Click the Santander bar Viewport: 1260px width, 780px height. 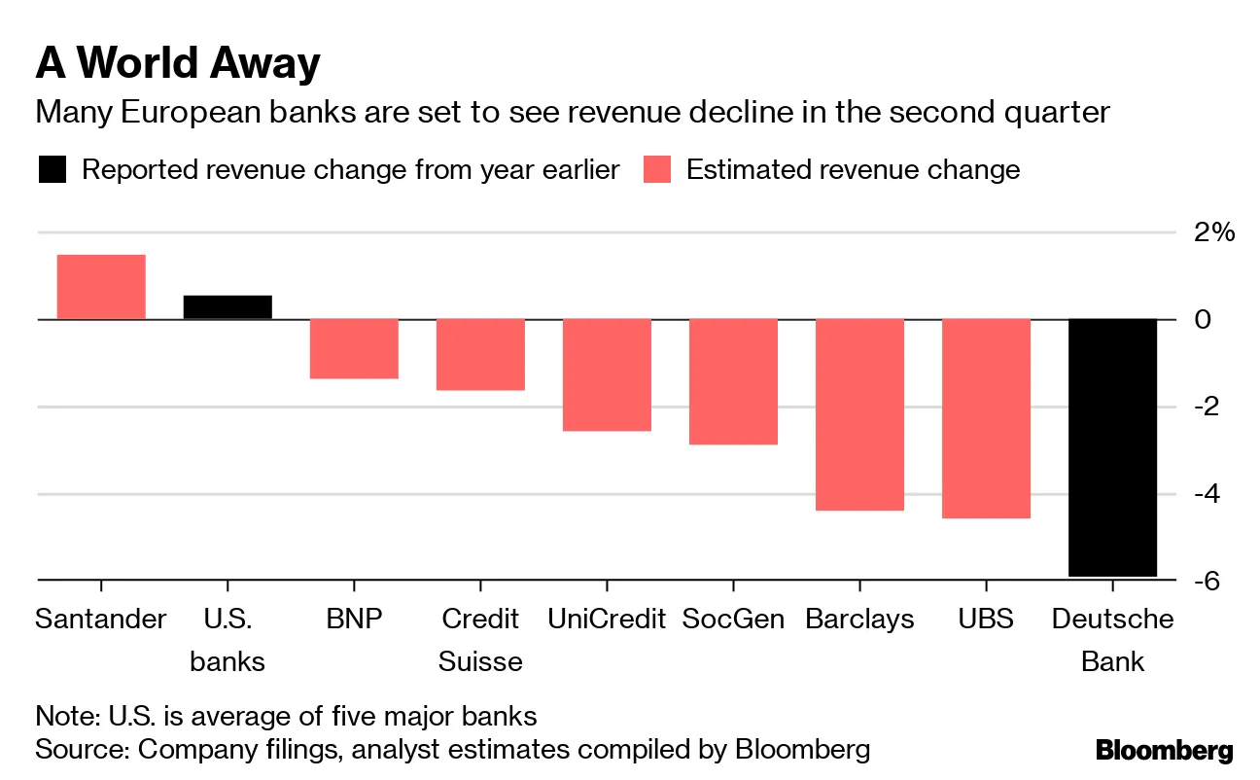pyautogui.click(x=101, y=287)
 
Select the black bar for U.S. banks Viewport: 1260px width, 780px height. pyautogui.click(x=227, y=307)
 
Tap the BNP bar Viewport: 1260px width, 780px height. pyautogui.click(x=354, y=348)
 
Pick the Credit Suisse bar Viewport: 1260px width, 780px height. pyautogui.click(x=480, y=354)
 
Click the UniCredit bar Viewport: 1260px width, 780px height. pyautogui.click(x=607, y=374)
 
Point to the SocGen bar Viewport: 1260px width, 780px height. pyautogui.click(x=733, y=381)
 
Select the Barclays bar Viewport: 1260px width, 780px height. pyautogui.click(x=859, y=414)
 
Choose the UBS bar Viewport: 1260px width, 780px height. pyautogui.click(x=986, y=418)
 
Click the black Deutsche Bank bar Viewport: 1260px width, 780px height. pyautogui.click(x=1112, y=447)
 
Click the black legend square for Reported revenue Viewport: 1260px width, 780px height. pyautogui.click(x=52, y=170)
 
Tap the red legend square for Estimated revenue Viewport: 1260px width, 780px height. pyautogui.click(x=657, y=170)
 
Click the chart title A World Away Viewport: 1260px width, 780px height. pyautogui.click(x=177, y=64)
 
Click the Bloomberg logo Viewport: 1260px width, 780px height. pyautogui.click(x=1164, y=751)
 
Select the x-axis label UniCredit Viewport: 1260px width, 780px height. pyautogui.click(x=607, y=620)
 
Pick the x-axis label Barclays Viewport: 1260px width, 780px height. pyautogui.click(x=859, y=620)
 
